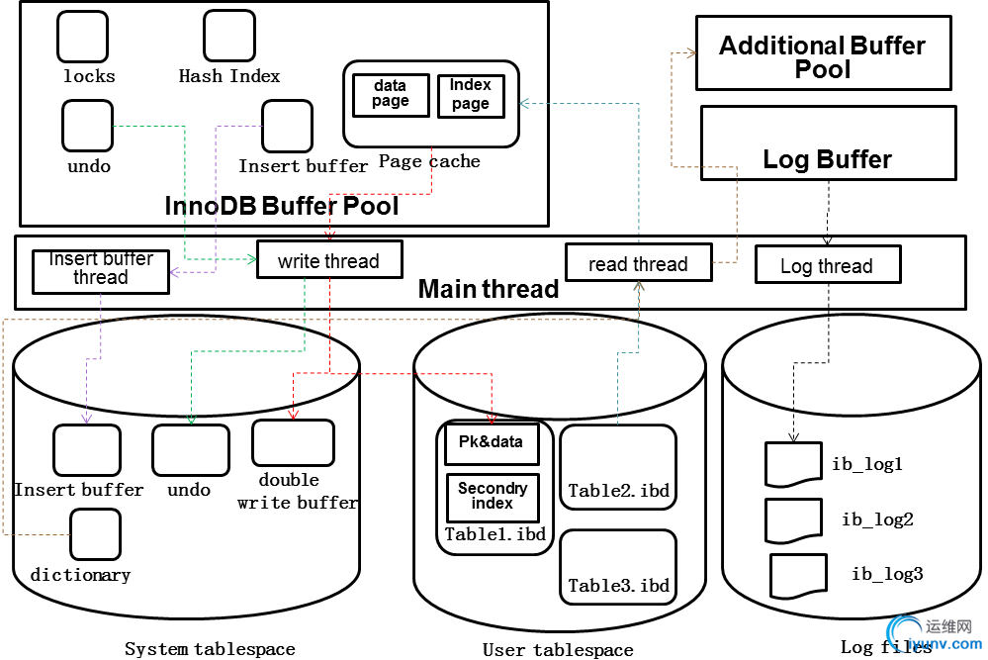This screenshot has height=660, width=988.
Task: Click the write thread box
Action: pyautogui.click(x=328, y=261)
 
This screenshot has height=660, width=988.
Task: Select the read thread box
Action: pyautogui.click(x=638, y=264)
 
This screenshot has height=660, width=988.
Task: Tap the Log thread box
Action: pyautogui.click(x=827, y=265)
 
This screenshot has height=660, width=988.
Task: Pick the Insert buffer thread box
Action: pyautogui.click(x=100, y=270)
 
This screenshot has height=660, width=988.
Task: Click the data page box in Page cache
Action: pyautogui.click(x=391, y=95)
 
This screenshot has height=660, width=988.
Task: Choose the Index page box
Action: pyautogui.click(x=470, y=95)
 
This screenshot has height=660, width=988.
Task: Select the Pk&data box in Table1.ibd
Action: pyautogui.click(x=492, y=443)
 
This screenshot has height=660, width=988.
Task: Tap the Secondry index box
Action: pyautogui.click(x=492, y=497)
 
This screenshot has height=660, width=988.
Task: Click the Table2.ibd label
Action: pyautogui.click(x=618, y=490)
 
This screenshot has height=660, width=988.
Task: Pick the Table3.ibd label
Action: pyautogui.click(x=618, y=585)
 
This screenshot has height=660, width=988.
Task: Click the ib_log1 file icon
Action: pyautogui.click(x=793, y=464)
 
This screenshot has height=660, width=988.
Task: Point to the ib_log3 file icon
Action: pyautogui.click(x=798, y=575)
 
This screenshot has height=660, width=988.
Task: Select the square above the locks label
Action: pyautogui.click(x=82, y=37)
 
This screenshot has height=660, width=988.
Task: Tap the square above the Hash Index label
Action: pyautogui.click(x=229, y=36)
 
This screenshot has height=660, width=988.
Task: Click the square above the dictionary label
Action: pyautogui.click(x=95, y=534)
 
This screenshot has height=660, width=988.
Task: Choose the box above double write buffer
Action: pyautogui.click(x=292, y=442)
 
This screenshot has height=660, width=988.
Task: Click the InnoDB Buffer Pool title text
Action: pyautogui.click(x=282, y=206)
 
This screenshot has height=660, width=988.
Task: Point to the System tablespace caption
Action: pyautogui.click(x=210, y=649)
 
